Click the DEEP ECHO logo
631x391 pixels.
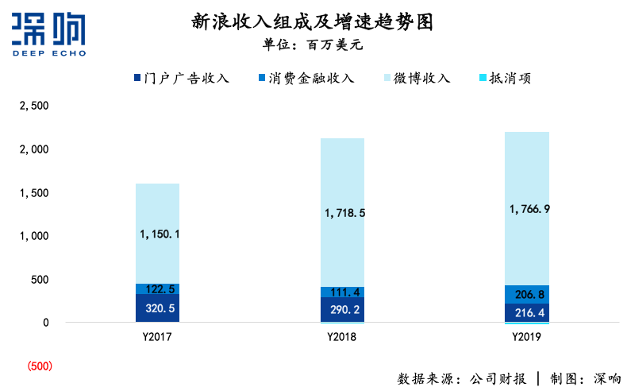pyautogui.click(x=49, y=36)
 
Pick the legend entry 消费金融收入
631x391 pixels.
pyautogui.click(x=306, y=78)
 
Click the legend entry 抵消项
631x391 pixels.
pyautogui.click(x=504, y=78)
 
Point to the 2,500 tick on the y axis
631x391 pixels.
pyautogui.click(x=34, y=106)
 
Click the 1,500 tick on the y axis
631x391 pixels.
pyautogui.click(x=34, y=193)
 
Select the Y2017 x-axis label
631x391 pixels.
pyautogui.click(x=157, y=337)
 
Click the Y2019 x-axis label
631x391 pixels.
pyautogui.click(x=527, y=337)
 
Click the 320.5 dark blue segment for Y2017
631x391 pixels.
pyautogui.click(x=157, y=308)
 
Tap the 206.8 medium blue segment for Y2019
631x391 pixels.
pyautogui.click(x=527, y=294)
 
